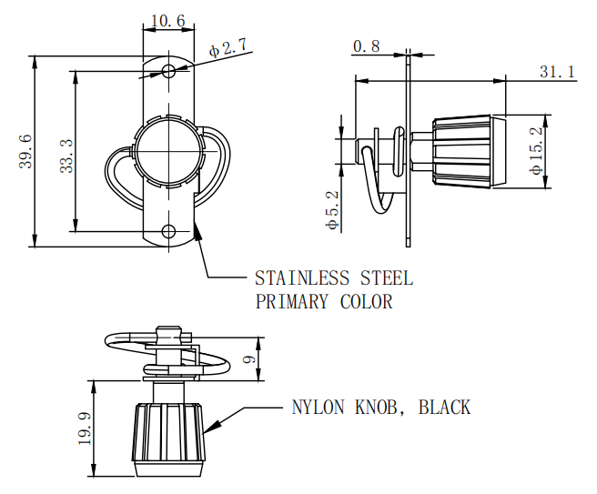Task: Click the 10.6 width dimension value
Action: point(168,20)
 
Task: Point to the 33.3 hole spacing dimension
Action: point(66,150)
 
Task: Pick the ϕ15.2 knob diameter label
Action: point(537,151)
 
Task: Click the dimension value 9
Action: point(248,359)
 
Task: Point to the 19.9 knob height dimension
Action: point(85,427)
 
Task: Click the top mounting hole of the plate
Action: point(168,71)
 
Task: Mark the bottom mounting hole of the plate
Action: point(168,231)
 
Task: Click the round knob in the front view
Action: point(167,151)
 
